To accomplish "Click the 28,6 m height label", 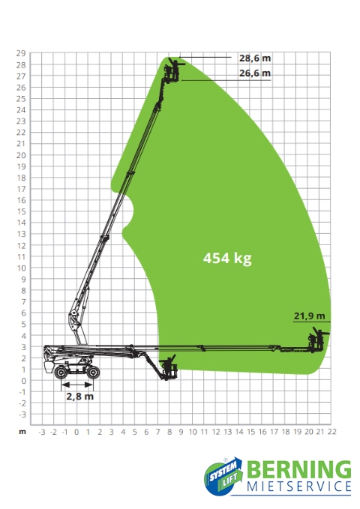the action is [x=255, y=58].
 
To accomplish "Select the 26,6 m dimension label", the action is [x=255, y=73].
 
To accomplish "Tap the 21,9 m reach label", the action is [x=309, y=316].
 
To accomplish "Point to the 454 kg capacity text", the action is [x=227, y=259].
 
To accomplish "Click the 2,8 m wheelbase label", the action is [x=80, y=397].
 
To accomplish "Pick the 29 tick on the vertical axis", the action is [x=21, y=53].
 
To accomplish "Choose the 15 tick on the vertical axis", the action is [x=21, y=211].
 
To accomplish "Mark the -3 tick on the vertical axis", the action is [x=22, y=415].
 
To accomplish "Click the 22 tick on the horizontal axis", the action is [x=331, y=432].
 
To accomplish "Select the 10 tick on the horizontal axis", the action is [x=193, y=432].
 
